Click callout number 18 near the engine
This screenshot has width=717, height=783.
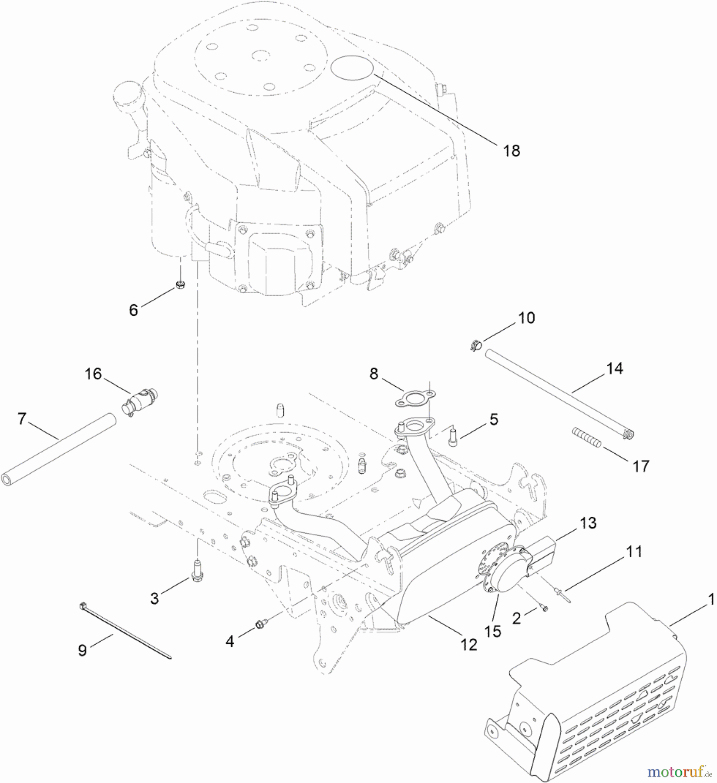pyautogui.click(x=512, y=151)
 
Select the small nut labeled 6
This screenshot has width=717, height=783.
pyautogui.click(x=180, y=285)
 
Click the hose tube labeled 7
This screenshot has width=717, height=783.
pyautogui.click(x=59, y=448)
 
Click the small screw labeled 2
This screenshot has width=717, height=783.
pyautogui.click(x=542, y=608)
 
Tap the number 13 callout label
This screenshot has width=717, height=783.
pyautogui.click(x=588, y=523)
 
